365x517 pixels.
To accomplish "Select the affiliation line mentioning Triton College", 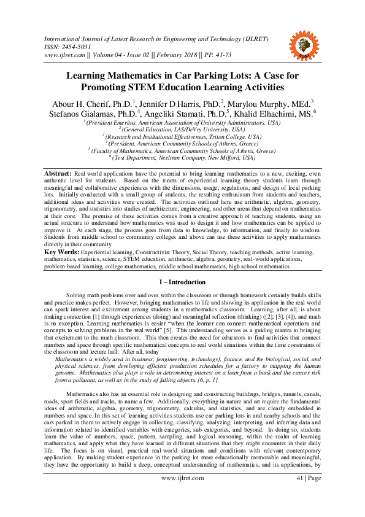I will (x=182, y=136).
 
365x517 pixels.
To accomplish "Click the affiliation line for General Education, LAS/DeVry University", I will (x=182, y=129).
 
